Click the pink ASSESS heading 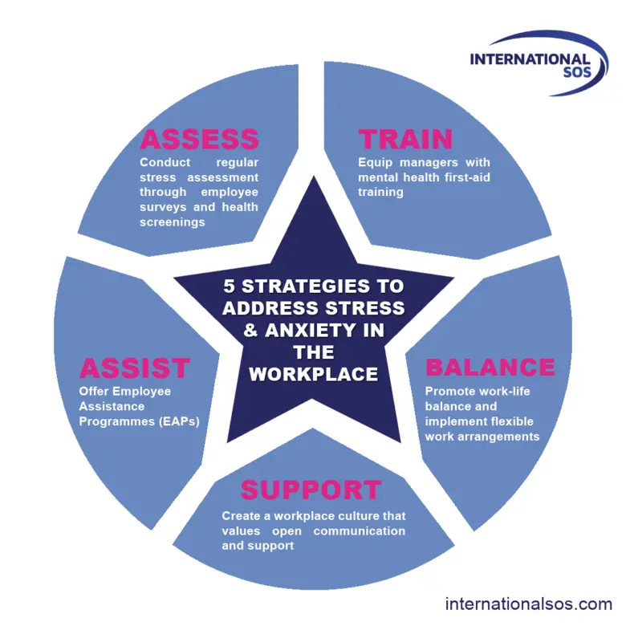[x=199, y=139]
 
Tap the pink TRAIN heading [x=405, y=139]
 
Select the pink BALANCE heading [x=490, y=368]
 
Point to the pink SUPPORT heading [x=311, y=490]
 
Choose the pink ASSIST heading [x=134, y=368]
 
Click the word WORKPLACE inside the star [x=313, y=374]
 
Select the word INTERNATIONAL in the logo [x=530, y=59]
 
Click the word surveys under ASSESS [x=161, y=207]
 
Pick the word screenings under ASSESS [x=172, y=222]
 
